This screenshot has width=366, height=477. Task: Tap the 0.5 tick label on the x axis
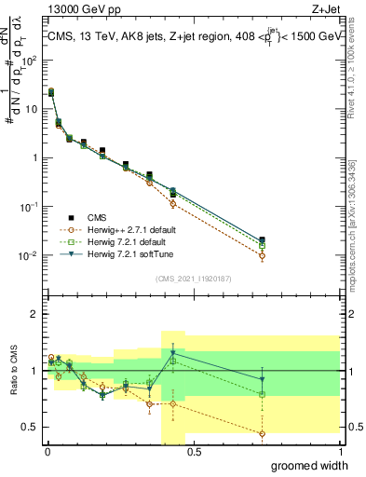193,452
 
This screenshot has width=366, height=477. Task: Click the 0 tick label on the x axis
47,452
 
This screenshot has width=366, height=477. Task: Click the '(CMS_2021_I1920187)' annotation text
193,278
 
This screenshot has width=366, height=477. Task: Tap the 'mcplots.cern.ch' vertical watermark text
359,238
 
